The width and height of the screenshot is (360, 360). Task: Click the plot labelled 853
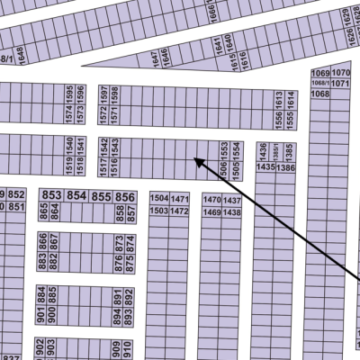[51, 196]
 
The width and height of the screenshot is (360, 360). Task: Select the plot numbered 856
[125, 196]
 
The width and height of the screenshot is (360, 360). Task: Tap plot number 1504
[158, 198]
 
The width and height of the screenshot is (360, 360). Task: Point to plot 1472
[180, 211]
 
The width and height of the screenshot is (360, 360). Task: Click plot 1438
[232, 211]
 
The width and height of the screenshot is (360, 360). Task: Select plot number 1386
[286, 167]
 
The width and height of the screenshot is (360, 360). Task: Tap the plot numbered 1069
[319, 72]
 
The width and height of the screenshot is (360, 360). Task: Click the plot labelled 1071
[340, 83]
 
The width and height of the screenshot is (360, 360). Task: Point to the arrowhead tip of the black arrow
[193, 159]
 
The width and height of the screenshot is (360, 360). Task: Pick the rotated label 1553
[223, 149]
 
